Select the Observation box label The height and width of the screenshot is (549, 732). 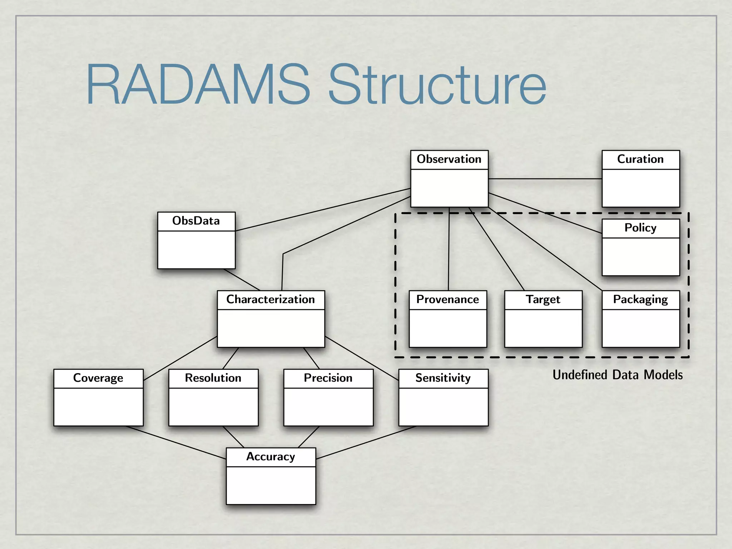tap(449, 159)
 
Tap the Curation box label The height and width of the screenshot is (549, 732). tap(640, 159)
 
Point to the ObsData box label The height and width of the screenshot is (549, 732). tap(196, 221)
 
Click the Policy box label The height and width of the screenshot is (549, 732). tap(640, 228)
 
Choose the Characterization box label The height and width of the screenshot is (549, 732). tap(271, 300)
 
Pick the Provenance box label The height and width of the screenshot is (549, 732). tap(447, 300)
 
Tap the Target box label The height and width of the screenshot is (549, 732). tap(543, 300)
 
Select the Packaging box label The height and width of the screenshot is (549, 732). tap(640, 300)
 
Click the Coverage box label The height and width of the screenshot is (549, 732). tap(98, 378)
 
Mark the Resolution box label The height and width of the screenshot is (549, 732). tap(213, 378)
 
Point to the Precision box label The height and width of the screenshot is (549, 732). tap(328, 378)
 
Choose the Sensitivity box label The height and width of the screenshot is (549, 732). tap(443, 378)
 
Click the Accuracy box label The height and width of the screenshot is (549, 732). tap(271, 457)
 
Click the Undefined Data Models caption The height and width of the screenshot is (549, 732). tap(617, 375)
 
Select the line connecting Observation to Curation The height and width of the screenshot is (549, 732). tap(545, 179)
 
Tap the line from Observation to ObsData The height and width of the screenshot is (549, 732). tap(322, 210)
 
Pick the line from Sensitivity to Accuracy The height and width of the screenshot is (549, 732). tap(366, 442)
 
